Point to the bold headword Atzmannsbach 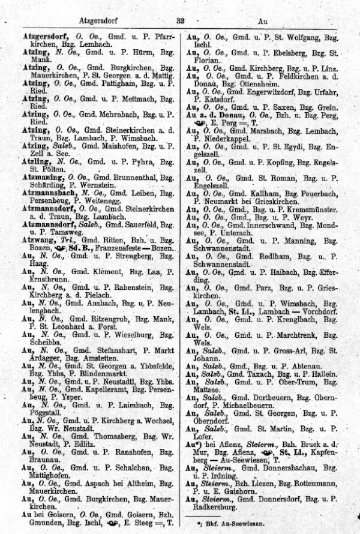point(47,194)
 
